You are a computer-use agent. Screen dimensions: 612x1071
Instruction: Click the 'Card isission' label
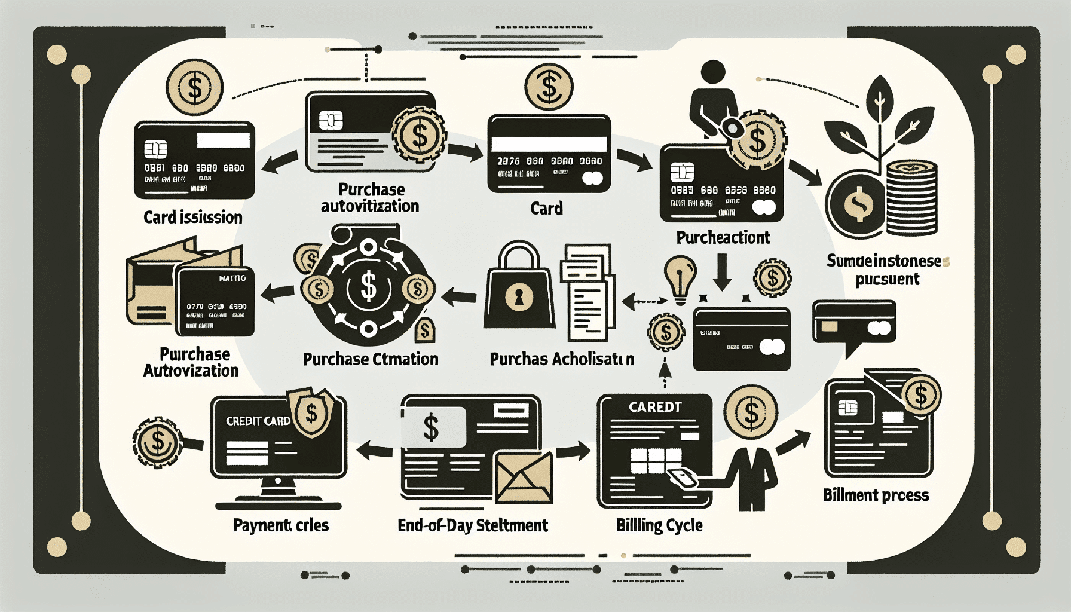192,217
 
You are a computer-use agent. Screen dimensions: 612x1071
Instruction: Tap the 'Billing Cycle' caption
659,525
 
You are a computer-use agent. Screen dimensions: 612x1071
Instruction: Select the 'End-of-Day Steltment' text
472,525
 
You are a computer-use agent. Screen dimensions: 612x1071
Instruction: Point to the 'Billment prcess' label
876,495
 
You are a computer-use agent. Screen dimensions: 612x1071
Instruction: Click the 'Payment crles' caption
281,525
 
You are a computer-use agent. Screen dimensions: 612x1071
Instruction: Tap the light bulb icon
680,277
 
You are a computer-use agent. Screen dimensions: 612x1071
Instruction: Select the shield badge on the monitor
311,412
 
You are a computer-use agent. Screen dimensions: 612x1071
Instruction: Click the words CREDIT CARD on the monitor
258,421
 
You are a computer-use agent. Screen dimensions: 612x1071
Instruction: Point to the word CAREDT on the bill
655,407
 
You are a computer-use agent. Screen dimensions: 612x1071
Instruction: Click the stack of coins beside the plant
911,197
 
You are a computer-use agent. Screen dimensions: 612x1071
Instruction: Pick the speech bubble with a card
853,326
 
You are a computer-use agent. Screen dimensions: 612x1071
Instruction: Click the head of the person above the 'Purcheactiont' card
712,73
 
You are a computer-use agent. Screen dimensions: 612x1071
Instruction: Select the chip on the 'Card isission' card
155,148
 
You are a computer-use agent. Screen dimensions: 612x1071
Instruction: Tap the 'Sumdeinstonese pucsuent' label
888,270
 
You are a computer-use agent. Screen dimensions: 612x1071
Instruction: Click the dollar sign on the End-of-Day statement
432,427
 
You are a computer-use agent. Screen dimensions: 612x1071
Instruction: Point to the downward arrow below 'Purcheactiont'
722,272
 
